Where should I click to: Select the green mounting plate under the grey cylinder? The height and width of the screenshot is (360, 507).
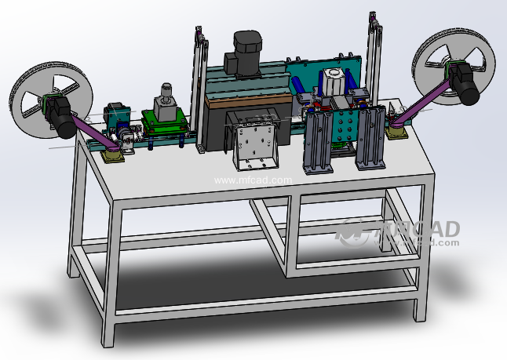tap(164, 125)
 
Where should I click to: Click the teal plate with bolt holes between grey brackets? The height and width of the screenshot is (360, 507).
tap(345, 125)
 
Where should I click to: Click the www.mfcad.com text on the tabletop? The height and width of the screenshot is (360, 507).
tap(253, 180)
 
